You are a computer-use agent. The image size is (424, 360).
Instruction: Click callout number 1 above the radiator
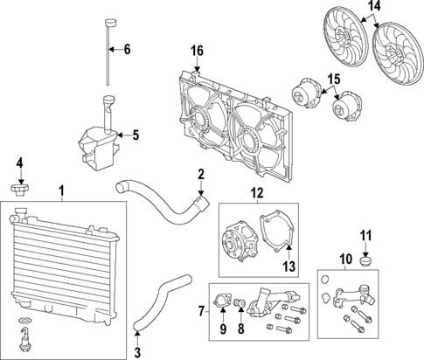click(x=60, y=190)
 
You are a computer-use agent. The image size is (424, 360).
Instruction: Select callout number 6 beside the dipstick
click(x=127, y=50)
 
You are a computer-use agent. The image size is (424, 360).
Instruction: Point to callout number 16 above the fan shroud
click(x=197, y=51)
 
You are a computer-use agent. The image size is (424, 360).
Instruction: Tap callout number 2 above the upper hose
click(x=200, y=173)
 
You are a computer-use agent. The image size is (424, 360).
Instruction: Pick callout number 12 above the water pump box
click(x=257, y=192)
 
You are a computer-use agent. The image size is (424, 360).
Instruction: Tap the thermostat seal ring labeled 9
click(x=221, y=306)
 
